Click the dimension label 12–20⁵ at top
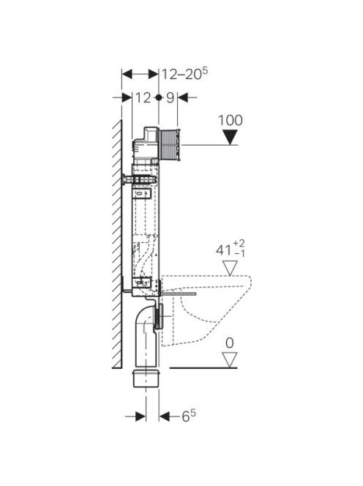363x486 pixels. (x=184, y=74)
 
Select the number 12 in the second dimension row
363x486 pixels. (x=143, y=98)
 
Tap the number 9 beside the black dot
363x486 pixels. (x=171, y=98)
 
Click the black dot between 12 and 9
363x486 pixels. (x=159, y=97)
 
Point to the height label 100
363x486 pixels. (x=231, y=120)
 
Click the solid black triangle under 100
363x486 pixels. (x=230, y=137)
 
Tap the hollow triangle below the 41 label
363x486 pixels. (x=230, y=268)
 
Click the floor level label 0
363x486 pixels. (x=230, y=343)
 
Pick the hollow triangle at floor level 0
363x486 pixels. (x=230, y=360)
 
